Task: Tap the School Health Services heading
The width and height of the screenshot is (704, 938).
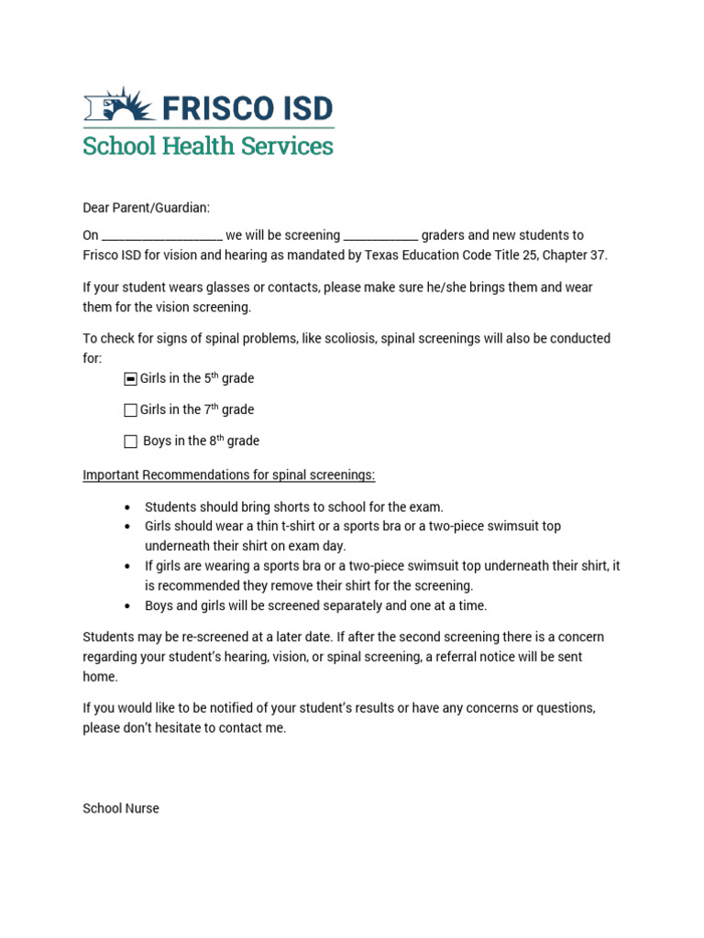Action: click(x=208, y=146)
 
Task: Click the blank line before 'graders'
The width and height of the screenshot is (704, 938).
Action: click(x=380, y=236)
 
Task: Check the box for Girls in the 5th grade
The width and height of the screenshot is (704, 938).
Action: click(x=130, y=379)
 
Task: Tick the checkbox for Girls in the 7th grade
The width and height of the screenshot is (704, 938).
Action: click(x=130, y=410)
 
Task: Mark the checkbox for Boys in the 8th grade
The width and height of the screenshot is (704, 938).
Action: click(x=130, y=442)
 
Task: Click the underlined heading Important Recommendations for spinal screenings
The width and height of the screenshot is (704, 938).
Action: click(x=229, y=474)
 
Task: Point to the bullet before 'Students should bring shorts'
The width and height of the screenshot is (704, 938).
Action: click(x=126, y=507)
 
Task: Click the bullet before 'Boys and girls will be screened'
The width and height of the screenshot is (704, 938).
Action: click(x=126, y=606)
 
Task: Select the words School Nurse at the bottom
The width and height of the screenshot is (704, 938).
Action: click(x=121, y=809)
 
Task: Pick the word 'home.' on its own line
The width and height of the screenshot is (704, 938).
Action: click(x=100, y=677)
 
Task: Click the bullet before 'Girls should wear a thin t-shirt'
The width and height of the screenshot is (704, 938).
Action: click(x=126, y=527)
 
